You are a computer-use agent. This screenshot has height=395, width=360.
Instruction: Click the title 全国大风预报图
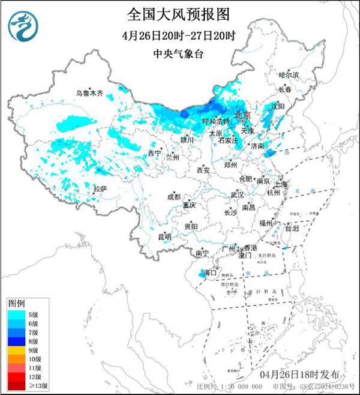pos(179,13)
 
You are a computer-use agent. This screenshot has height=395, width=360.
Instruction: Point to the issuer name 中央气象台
pos(179,53)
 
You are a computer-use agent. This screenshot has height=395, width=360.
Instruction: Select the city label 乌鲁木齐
pos(89,93)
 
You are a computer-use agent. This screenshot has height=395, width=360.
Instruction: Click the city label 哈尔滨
pos(288,75)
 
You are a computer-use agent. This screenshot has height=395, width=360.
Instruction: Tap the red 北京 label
pos(242,114)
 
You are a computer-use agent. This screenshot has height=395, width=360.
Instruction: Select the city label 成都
pos(173,196)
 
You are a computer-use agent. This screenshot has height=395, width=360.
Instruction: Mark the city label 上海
pos(282,184)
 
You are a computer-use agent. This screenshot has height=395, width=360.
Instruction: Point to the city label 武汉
pos(237,195)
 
